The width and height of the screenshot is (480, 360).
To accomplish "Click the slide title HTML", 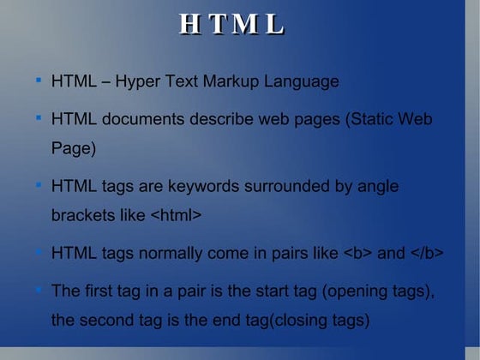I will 231,25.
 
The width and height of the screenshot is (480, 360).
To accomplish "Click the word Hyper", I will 138,82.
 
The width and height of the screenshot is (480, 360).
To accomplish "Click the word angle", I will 377,186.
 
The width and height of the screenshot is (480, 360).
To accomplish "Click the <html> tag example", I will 176,215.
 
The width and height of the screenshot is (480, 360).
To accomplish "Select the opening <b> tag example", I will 357,253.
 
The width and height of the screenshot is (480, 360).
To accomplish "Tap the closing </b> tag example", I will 426,253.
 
